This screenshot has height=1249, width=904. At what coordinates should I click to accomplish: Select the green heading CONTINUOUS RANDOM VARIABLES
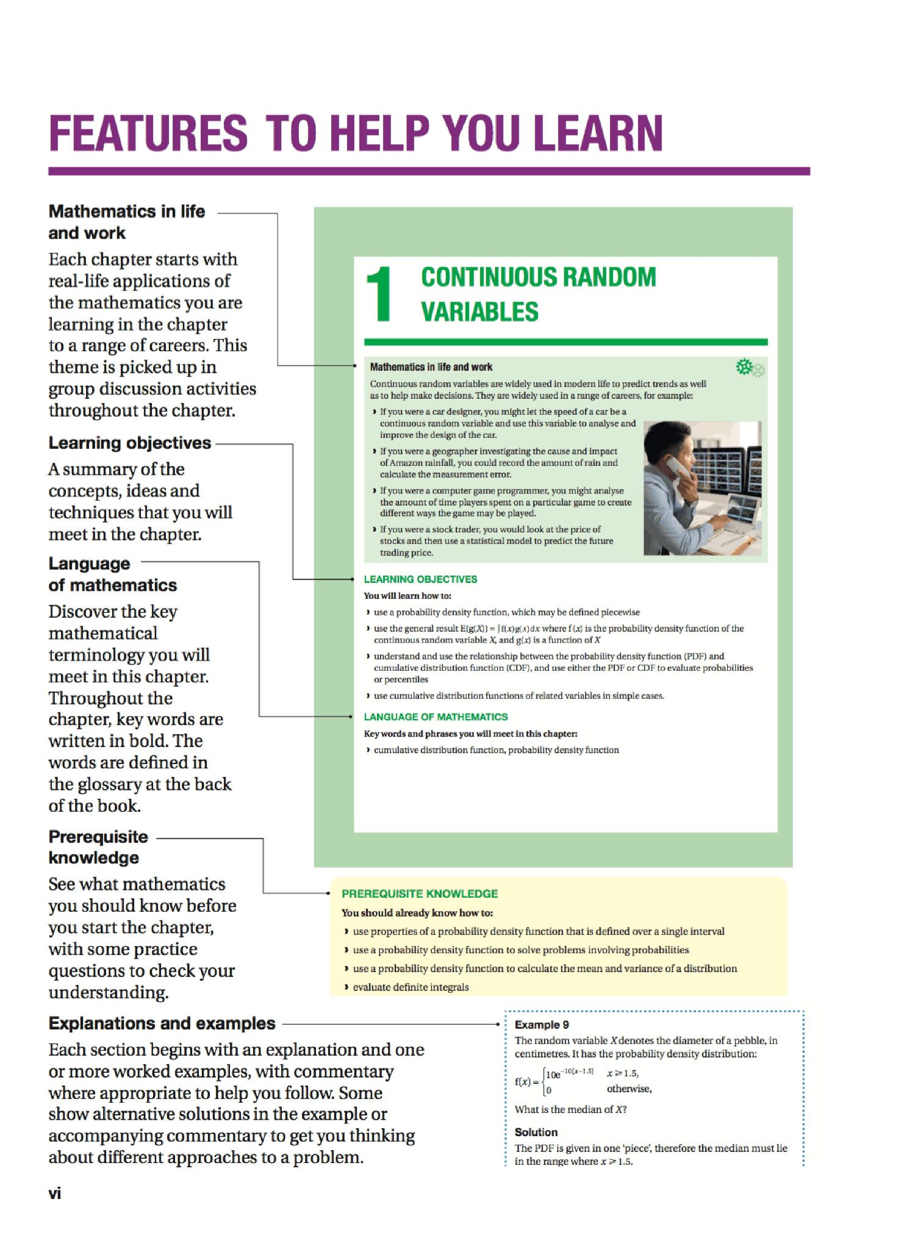(539, 294)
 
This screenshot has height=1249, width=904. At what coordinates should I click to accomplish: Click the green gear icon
(744, 367)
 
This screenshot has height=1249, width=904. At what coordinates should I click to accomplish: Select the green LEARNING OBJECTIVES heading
(420, 579)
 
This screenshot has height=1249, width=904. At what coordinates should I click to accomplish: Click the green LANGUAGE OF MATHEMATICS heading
(436, 717)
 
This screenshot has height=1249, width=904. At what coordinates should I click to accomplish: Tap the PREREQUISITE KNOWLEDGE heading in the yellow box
(420, 893)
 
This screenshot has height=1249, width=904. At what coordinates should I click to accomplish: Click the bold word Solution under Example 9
(536, 1132)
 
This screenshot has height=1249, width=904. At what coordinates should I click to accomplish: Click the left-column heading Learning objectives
(129, 443)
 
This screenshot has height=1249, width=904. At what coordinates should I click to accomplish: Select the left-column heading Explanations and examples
(162, 1023)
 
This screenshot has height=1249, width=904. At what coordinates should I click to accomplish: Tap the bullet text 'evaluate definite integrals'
(411, 987)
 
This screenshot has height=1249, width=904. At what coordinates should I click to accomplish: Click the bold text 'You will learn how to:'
(407, 595)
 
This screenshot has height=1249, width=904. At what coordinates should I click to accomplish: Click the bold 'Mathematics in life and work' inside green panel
(431, 367)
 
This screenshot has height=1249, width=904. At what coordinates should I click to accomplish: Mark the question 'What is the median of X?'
(571, 1109)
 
